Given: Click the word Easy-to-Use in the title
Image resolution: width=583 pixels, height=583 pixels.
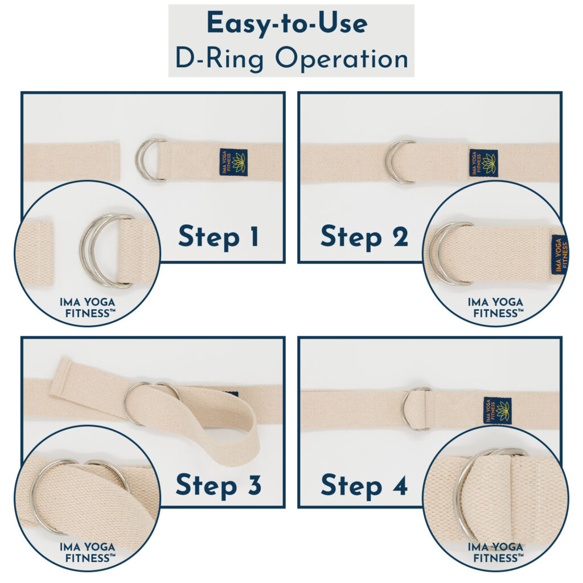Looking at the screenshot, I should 287,24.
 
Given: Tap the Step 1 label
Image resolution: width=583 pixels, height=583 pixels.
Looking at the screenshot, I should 219,237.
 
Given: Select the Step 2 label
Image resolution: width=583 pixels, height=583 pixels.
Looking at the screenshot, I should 364,237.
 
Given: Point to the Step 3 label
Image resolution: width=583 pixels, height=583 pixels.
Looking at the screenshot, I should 219,485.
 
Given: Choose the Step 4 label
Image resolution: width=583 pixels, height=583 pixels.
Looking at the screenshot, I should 364,485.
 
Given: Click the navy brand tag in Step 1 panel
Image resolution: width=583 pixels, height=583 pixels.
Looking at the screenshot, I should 233,162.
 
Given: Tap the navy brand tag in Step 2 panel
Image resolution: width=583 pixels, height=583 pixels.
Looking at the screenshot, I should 483,163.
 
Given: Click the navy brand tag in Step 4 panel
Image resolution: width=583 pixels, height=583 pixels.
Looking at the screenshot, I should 497,410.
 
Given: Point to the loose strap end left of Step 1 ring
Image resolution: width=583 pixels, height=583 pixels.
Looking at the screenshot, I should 71,162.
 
